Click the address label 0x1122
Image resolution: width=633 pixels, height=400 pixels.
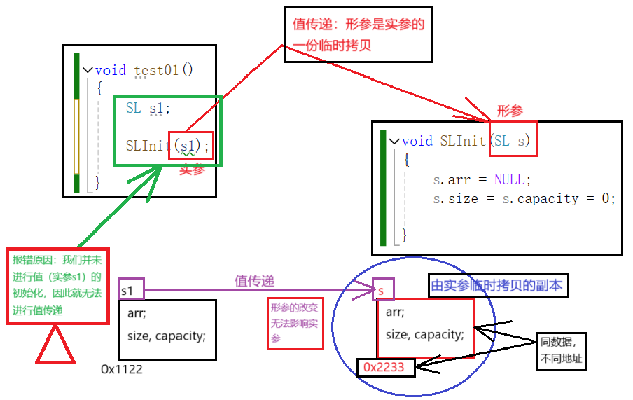pos(121,368)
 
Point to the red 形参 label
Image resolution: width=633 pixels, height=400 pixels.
pos(510,111)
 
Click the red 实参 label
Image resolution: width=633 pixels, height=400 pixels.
pos(190,169)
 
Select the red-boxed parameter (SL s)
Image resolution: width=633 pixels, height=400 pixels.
pos(513,141)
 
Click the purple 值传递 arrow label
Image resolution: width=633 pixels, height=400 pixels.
pos(254,280)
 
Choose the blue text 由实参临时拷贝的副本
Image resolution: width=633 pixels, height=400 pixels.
pos(496,285)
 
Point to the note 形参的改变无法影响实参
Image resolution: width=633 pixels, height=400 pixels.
pos(295,323)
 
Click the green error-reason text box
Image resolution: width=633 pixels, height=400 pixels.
pos(57,284)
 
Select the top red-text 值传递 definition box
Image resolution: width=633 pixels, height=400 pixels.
pos(358,35)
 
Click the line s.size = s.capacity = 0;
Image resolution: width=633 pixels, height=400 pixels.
pos(524,199)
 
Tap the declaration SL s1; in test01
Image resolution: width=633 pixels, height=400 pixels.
pos(148,108)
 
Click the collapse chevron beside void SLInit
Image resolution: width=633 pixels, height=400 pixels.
pos(394,141)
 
